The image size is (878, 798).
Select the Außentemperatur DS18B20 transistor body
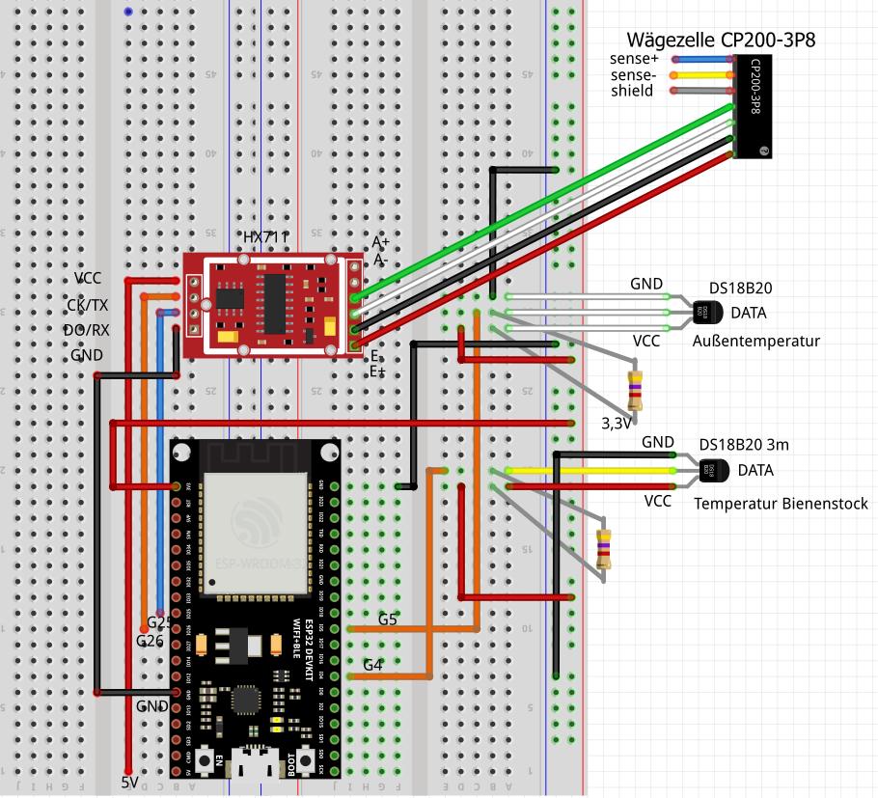tap(704, 311)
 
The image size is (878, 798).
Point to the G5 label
tap(388, 619)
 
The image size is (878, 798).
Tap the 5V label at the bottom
tap(130, 783)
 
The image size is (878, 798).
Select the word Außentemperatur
tap(755, 342)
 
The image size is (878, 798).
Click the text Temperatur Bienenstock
tap(781, 504)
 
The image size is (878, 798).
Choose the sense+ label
tap(633, 59)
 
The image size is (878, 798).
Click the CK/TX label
tap(87, 305)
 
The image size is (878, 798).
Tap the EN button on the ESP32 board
tap(206, 761)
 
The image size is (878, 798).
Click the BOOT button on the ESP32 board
tap(309, 761)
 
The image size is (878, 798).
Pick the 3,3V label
tap(617, 424)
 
